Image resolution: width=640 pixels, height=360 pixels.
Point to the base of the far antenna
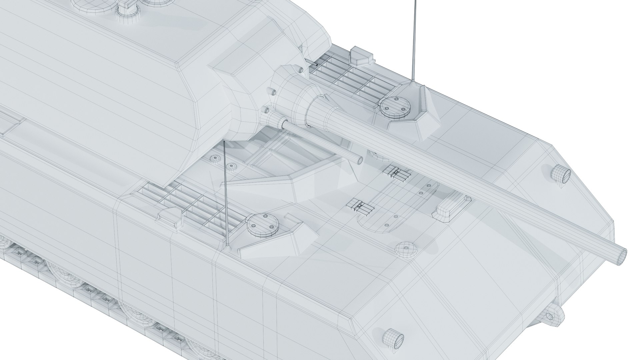pos(413,83)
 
